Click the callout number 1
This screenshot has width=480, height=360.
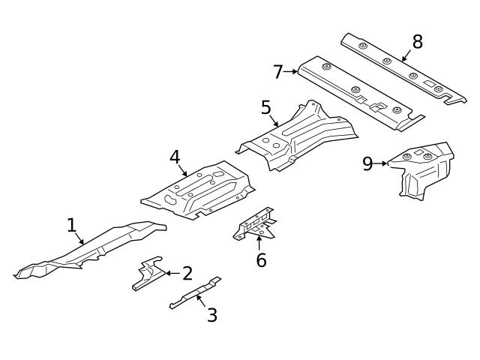(71, 225)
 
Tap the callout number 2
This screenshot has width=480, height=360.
(187, 274)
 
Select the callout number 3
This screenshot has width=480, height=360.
(212, 315)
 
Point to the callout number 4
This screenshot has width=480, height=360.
(175, 157)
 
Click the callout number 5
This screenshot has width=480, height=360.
(266, 107)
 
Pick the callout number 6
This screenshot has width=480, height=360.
(261, 260)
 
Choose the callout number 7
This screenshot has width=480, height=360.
(277, 72)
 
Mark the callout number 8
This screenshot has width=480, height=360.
(417, 42)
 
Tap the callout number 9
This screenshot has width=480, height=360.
(367, 163)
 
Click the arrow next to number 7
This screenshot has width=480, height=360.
(291, 72)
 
